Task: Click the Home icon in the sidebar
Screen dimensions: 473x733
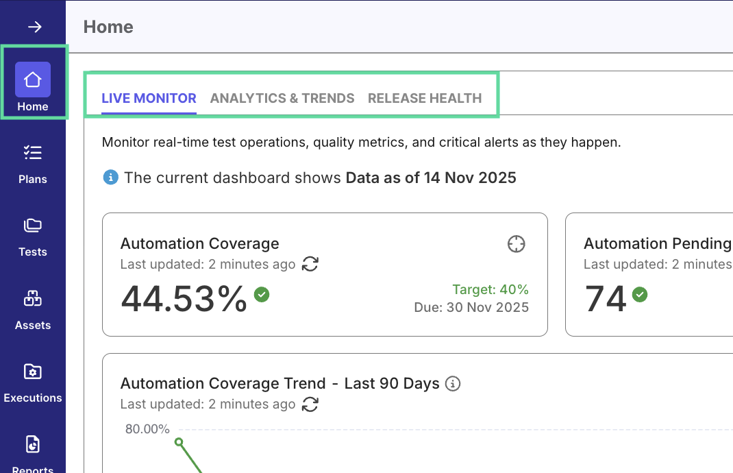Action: coord(33,80)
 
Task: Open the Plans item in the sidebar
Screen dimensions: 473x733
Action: coord(33,152)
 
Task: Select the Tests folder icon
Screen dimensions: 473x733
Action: coord(33,226)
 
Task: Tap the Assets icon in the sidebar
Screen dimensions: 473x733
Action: coord(33,299)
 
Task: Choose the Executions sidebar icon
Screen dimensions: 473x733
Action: coord(33,372)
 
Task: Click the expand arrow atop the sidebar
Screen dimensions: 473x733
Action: coord(34,27)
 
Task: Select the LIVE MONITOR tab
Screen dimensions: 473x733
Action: coord(149,98)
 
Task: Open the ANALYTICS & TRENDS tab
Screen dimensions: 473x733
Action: coord(282,98)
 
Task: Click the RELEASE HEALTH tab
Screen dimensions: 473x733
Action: coord(425,98)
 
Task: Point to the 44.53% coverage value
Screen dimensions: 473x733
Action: coord(184,299)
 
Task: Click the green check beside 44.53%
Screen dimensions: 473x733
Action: coord(262,294)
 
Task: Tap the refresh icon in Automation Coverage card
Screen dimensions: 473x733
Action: coord(310,264)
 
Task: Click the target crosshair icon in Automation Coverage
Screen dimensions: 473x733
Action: coord(517,243)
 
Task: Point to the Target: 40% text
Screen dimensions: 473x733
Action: coord(490,289)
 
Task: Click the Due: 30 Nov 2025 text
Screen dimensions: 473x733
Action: coord(471,307)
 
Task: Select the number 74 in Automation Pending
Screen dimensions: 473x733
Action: coord(606,299)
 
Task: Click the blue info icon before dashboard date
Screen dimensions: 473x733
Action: coord(110,178)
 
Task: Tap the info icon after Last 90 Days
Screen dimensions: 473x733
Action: coord(452,383)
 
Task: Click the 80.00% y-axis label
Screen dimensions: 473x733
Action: coord(147,429)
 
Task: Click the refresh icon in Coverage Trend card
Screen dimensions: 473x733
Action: coord(310,404)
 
